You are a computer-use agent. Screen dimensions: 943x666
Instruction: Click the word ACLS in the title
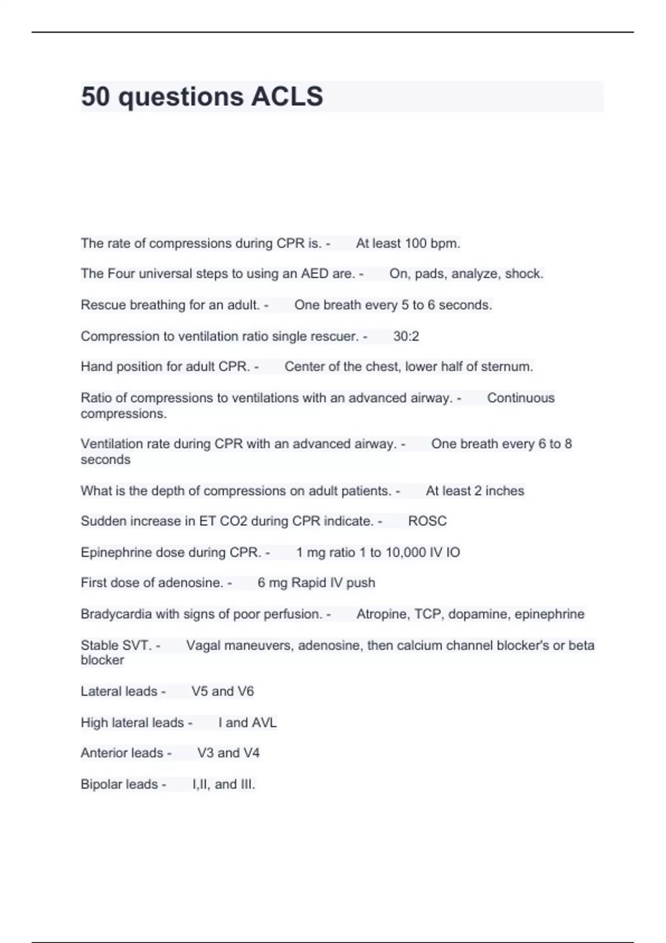287,97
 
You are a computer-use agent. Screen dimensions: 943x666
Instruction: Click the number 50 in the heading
95,97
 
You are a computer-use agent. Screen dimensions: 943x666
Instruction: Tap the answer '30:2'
406,336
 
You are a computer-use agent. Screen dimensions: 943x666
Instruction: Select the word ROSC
427,521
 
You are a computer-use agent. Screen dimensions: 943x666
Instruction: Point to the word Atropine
382,614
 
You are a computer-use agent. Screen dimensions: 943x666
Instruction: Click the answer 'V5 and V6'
223,691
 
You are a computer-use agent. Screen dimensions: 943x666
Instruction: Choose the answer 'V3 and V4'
228,753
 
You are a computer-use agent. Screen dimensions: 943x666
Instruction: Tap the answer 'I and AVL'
248,723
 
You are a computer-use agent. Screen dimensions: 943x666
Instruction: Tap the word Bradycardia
116,614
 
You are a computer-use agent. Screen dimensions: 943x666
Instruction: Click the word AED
315,273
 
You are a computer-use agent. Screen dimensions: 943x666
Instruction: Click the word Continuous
521,398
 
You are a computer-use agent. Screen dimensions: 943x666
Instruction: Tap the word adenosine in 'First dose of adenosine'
190,583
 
